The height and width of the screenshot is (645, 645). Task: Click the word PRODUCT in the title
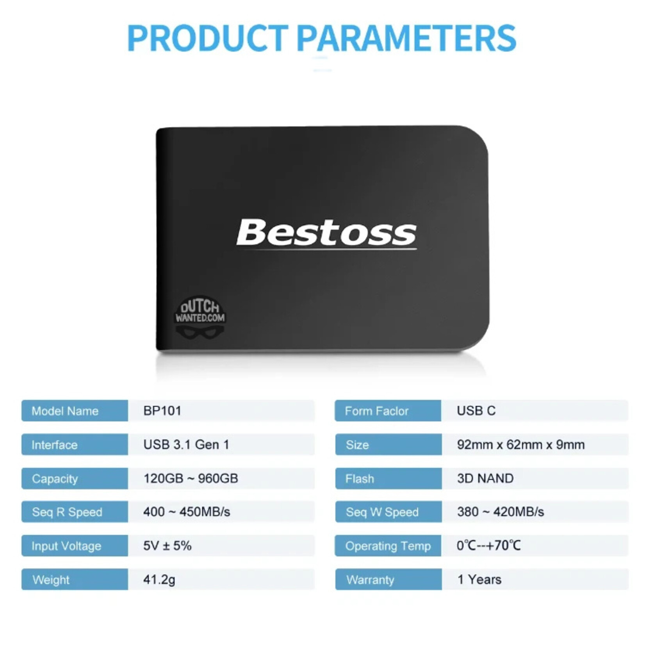207,38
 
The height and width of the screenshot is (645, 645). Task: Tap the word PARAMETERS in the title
406,38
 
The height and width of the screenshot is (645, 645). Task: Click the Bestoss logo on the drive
326,233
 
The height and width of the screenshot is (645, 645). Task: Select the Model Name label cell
75,411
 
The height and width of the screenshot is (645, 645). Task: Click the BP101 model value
162,411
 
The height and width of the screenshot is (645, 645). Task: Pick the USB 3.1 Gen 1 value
186,445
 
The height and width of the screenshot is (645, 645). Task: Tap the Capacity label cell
75,479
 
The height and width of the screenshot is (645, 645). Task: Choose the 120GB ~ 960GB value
191,478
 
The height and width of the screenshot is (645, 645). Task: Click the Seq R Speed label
67,512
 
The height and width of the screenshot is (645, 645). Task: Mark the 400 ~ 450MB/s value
187,512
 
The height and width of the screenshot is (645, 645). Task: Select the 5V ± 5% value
167,546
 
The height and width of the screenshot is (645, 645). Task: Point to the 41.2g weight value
159,579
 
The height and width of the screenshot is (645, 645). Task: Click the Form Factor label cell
388,411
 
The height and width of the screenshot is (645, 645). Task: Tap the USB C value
476,411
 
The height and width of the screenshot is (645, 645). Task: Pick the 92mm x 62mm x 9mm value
521,445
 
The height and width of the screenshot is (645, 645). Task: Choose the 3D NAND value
485,478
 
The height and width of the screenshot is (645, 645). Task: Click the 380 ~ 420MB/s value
501,512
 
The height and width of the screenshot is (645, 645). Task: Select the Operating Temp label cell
388,546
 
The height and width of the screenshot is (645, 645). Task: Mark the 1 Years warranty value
479,579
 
